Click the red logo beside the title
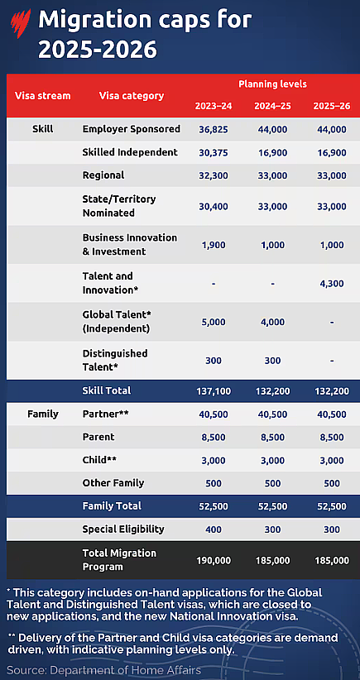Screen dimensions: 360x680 (x=21, y=23)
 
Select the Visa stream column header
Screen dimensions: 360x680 (x=42, y=95)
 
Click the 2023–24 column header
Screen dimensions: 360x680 (x=213, y=106)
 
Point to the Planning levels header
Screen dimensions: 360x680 (x=272, y=84)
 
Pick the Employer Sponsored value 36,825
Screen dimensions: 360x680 (x=213, y=129)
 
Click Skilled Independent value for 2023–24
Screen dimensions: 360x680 (x=213, y=152)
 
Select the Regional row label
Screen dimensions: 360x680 (x=103, y=175)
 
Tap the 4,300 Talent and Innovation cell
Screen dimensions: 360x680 (x=331, y=284)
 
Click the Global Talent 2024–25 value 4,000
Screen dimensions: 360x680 (x=272, y=322)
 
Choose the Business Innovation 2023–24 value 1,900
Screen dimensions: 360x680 (x=213, y=245)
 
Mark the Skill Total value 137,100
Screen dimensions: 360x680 (x=213, y=391)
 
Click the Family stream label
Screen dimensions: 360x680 (x=42, y=414)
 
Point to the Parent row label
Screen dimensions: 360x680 (x=98, y=437)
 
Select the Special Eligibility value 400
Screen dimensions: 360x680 (x=213, y=529)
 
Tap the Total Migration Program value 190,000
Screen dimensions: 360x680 (x=213, y=560)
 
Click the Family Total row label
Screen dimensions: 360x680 (x=112, y=506)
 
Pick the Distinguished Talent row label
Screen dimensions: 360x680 (x=115, y=360)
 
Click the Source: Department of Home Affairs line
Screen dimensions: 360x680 (x=103, y=669)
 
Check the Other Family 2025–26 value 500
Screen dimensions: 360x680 (x=331, y=483)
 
